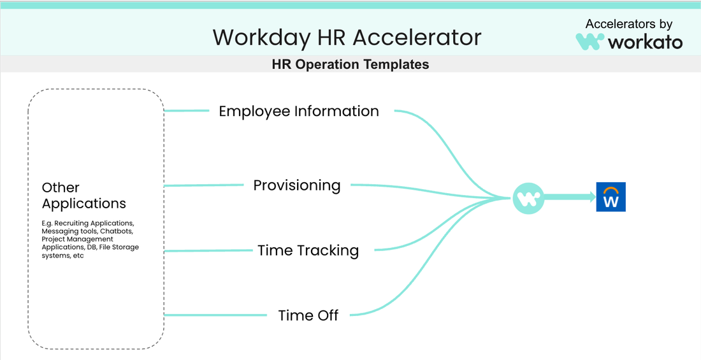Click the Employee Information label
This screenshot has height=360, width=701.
299,111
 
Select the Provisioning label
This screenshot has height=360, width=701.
297,185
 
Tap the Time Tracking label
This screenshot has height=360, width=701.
308,250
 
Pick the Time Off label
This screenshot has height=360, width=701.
308,315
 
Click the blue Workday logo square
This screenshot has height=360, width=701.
611,198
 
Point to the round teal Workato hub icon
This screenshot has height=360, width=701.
528,198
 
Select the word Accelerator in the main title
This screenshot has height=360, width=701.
417,37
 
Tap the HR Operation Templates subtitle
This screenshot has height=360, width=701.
350,64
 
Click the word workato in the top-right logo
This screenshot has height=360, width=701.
645,42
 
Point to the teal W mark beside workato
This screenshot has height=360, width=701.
590,41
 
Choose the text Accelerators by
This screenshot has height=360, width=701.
628,24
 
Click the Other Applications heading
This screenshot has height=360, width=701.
83,196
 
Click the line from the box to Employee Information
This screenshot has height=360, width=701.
187,110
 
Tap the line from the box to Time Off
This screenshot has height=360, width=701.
215,315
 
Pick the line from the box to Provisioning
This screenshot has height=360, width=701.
205,185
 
